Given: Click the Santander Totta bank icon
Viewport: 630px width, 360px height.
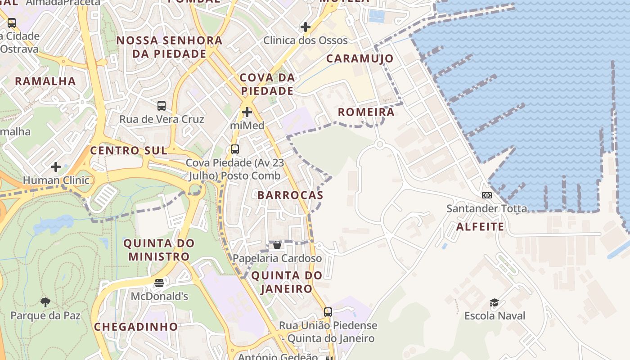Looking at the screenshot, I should [x=486, y=195].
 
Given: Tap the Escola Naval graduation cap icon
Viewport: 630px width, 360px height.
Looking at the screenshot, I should [x=494, y=302].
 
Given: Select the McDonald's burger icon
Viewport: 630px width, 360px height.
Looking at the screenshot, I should [x=159, y=283].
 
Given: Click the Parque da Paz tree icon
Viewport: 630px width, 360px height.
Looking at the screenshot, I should [x=45, y=302].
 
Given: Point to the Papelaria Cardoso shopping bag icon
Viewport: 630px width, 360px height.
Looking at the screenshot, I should [x=277, y=245].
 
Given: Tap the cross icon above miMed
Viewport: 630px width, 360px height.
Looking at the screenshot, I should [x=247, y=112].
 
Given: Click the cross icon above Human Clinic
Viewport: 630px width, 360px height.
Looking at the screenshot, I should [x=56, y=167].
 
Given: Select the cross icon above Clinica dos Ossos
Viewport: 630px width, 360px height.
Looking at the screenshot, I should [x=306, y=27].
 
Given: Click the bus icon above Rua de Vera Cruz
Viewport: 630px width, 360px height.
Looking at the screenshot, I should [x=162, y=106].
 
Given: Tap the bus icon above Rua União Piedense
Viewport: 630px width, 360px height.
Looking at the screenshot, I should [x=328, y=312].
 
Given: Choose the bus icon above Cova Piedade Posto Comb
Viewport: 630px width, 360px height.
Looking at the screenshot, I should [x=234, y=149].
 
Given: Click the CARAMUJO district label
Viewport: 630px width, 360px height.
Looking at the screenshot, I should [x=360, y=58].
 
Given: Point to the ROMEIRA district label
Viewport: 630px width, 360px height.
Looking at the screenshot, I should [x=366, y=112].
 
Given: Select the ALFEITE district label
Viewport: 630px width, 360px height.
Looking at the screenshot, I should [x=480, y=227].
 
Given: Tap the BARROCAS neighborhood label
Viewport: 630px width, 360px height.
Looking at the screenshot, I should [x=290, y=195].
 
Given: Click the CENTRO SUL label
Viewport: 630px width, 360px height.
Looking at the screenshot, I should [x=129, y=151].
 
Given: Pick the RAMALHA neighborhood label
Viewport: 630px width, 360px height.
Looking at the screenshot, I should [x=45, y=81].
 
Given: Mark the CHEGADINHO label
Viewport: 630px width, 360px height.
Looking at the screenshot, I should [x=136, y=327].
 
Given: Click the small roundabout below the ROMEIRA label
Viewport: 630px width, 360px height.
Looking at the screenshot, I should [x=379, y=144].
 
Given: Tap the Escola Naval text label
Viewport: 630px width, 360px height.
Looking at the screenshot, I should [x=495, y=316].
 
